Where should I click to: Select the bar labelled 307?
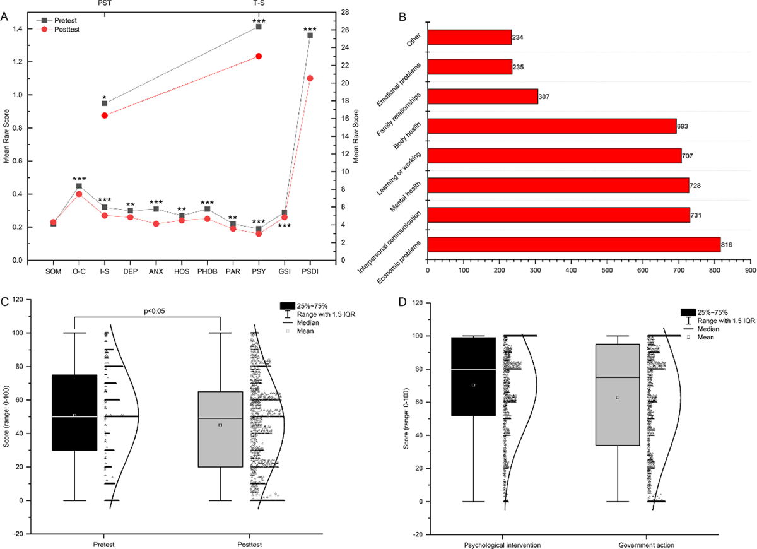[x=483, y=97]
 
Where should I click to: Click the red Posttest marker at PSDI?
[x=310, y=78]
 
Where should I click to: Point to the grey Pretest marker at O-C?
[x=79, y=186]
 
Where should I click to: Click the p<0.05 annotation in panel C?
[x=148, y=312]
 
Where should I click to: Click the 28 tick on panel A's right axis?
[x=344, y=13]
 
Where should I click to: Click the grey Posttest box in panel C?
[x=220, y=429]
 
